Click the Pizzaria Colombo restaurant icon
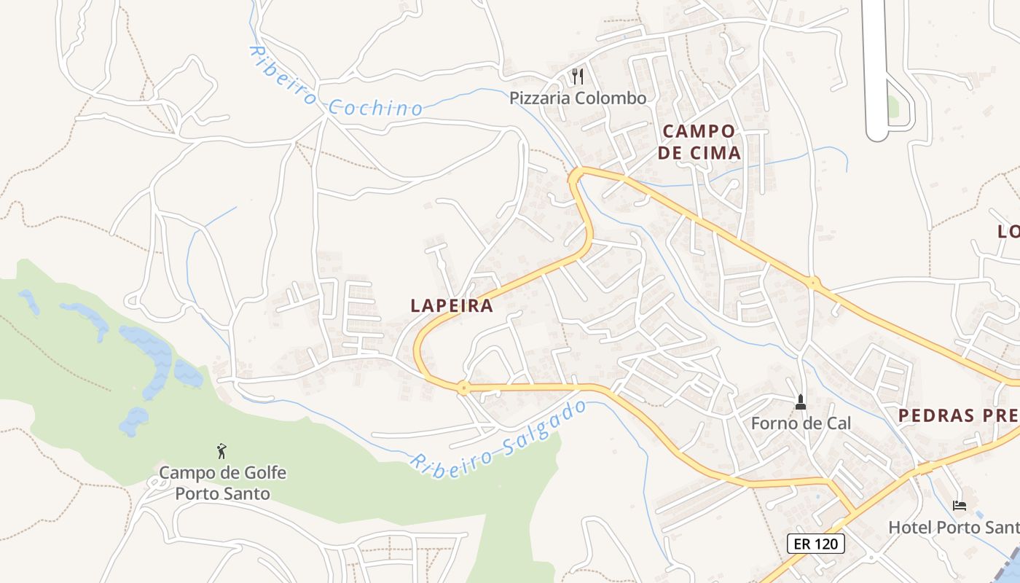point(578,77)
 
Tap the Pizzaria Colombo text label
point(578,98)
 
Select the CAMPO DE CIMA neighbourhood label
point(699,142)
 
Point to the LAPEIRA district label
point(452,306)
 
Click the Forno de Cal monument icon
point(801,402)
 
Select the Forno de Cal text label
point(801,423)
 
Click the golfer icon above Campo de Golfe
point(222,451)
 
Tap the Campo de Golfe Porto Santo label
point(222,483)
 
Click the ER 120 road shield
point(816,543)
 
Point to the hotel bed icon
point(960,505)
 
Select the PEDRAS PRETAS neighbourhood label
point(958,415)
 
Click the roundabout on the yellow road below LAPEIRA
point(463,388)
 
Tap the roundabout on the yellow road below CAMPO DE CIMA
point(813,282)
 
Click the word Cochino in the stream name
point(375,108)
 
